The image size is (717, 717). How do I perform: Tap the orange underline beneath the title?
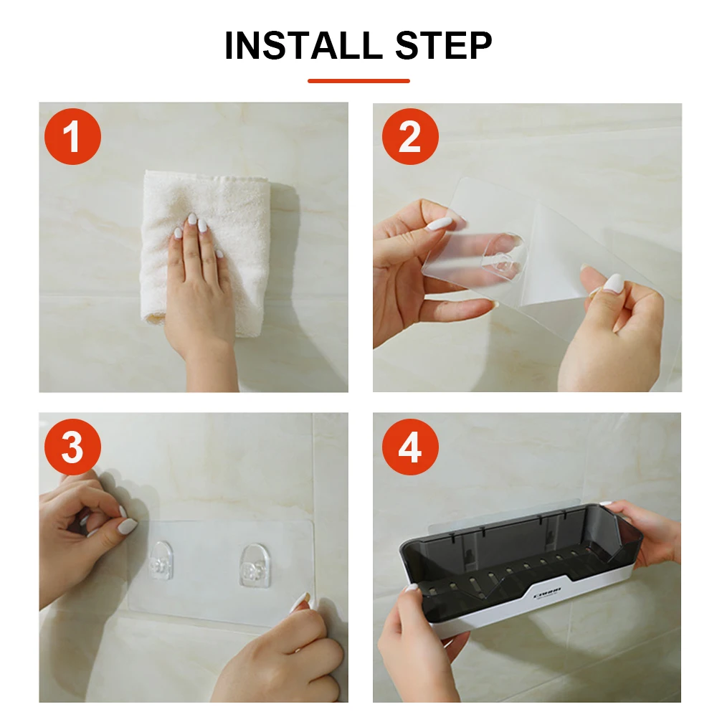pyautogui.click(x=358, y=81)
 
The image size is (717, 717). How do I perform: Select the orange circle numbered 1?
pyautogui.click(x=72, y=136)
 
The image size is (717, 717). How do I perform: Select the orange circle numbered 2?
pyautogui.click(x=409, y=136)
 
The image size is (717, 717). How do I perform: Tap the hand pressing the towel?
pyautogui.click(x=197, y=287)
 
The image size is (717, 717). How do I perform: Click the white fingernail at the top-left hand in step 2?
pyautogui.click(x=439, y=224)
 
